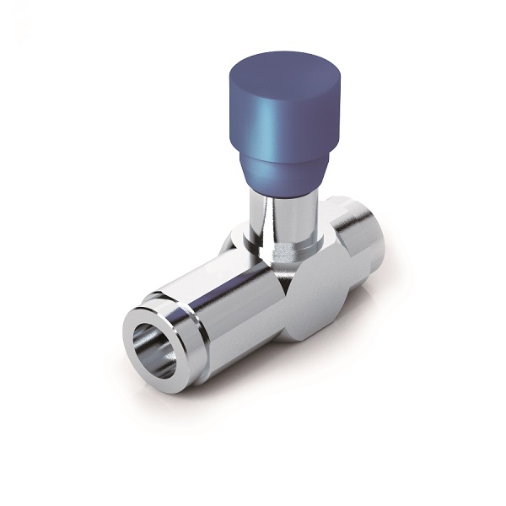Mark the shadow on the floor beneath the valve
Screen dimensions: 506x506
click(x=253, y=388)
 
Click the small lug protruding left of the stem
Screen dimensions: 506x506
click(x=232, y=245)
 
